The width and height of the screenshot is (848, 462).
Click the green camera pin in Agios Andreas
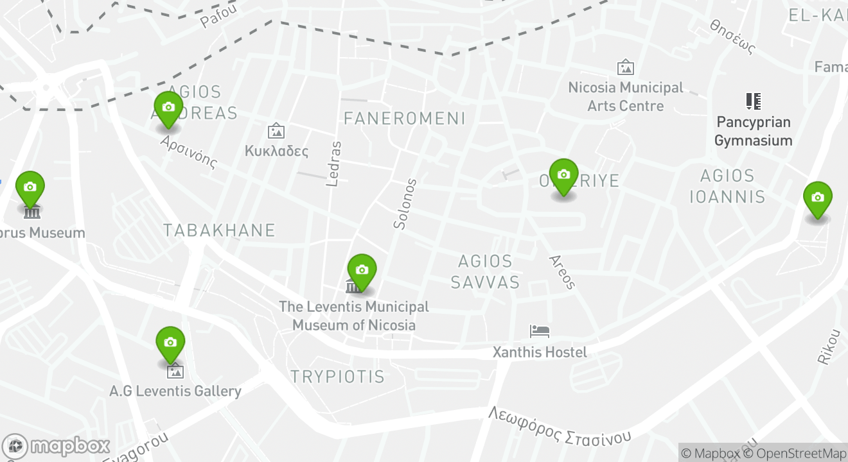point(168,108)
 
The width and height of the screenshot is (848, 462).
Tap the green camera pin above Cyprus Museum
point(30,187)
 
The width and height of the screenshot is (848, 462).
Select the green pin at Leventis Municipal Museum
point(362,270)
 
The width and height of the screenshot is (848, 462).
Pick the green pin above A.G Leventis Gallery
point(170,343)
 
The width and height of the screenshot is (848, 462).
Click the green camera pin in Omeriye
point(563,175)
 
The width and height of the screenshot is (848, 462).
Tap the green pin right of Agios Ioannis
point(817,198)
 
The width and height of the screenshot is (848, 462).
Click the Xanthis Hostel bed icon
point(540,331)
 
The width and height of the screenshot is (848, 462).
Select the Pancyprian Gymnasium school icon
point(753,101)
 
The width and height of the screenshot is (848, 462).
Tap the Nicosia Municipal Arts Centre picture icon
point(625,67)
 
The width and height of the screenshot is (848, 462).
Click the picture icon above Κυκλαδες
point(276,131)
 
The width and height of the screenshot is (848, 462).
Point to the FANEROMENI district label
point(404,118)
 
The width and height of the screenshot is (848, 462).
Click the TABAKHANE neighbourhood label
point(219,230)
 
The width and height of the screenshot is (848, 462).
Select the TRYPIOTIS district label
point(337,377)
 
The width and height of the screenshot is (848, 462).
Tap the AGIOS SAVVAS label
point(485,271)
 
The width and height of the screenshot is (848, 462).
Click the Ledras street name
point(333,164)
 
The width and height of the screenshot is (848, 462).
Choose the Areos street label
point(562,271)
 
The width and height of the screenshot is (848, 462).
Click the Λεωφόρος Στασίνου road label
point(559,426)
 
